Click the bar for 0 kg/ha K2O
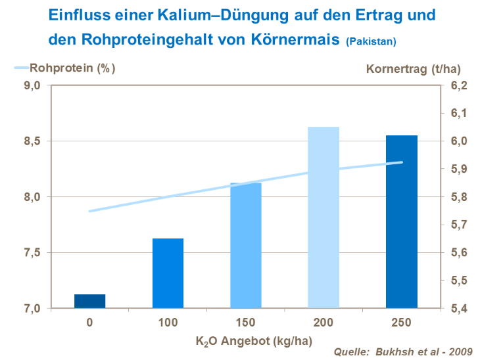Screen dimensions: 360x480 (89, 302)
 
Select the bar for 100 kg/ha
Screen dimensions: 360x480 (168, 273)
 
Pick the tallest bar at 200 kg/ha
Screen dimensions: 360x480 (324, 217)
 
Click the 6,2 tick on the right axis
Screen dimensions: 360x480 (459, 85)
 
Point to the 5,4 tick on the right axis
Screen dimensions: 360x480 (459, 308)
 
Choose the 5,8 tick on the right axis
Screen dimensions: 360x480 (459, 197)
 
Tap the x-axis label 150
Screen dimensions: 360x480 (245, 322)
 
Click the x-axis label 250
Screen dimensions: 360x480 (402, 322)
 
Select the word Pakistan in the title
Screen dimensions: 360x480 (372, 42)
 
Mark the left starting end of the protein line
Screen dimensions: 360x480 (90, 211)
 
